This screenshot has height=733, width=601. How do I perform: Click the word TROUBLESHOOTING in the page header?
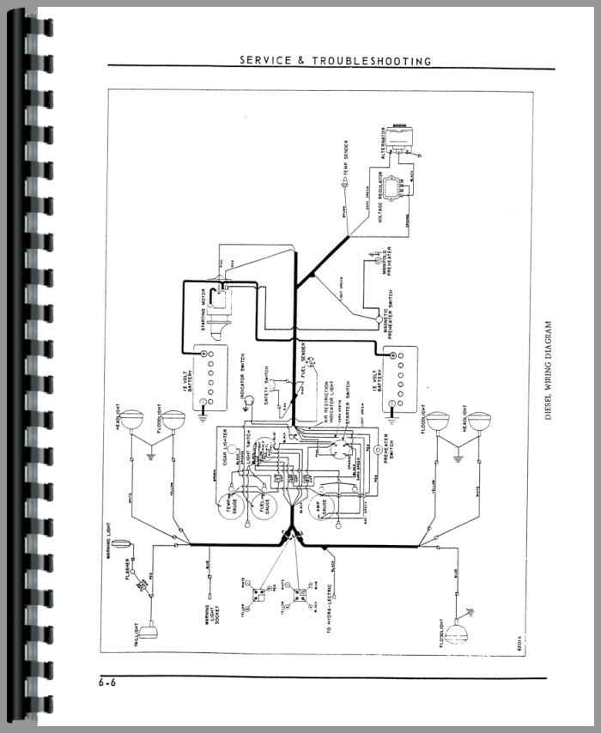[379, 61]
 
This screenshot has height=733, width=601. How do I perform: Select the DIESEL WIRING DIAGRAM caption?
[549, 372]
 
